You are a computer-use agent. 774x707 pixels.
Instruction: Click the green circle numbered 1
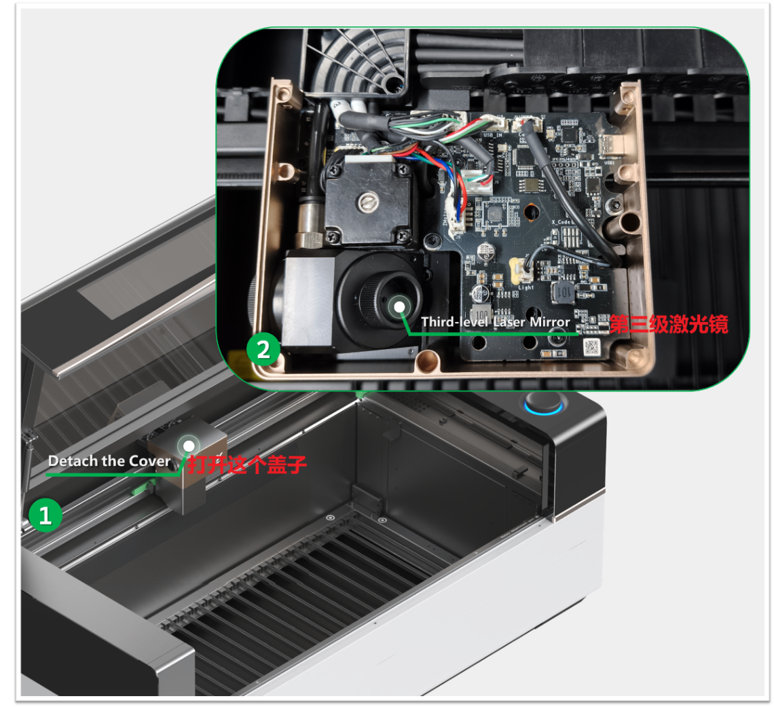[45, 515]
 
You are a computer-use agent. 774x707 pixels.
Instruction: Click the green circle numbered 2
[263, 349]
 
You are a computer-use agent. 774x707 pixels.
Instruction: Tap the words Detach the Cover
[109, 461]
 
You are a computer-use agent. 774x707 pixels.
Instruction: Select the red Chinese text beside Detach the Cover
[247, 465]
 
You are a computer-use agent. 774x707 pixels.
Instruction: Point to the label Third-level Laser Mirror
[496, 322]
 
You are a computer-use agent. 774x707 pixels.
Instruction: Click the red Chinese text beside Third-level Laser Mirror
[669, 325]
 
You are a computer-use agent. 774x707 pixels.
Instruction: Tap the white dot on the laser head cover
[189, 446]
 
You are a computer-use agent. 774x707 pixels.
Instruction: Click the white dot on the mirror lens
[399, 307]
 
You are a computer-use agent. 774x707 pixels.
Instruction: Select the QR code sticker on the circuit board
[591, 346]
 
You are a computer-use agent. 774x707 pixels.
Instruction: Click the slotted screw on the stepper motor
[368, 202]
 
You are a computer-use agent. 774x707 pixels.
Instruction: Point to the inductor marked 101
[564, 293]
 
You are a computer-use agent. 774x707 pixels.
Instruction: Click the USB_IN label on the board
[493, 134]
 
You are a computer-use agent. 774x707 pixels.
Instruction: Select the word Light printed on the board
[526, 287]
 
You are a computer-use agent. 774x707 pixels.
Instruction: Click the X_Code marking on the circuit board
[561, 222]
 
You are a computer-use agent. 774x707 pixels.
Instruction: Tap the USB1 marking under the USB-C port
[609, 162]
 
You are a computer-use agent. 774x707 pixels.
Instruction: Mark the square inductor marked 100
[482, 314]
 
